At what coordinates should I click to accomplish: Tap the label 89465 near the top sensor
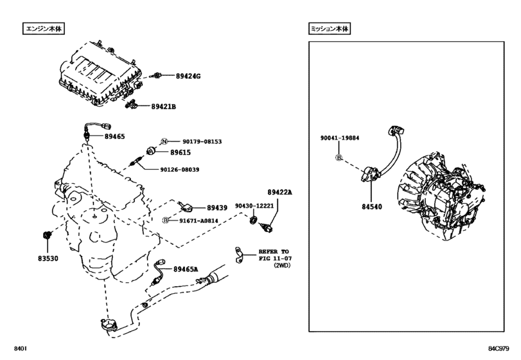115,137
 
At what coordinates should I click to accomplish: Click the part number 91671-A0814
199,220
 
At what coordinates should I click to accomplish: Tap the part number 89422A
279,192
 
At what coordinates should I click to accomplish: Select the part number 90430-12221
255,206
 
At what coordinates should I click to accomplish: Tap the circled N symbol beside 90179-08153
164,141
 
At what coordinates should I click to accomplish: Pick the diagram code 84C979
499,349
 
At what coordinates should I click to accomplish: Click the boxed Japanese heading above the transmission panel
330,29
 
